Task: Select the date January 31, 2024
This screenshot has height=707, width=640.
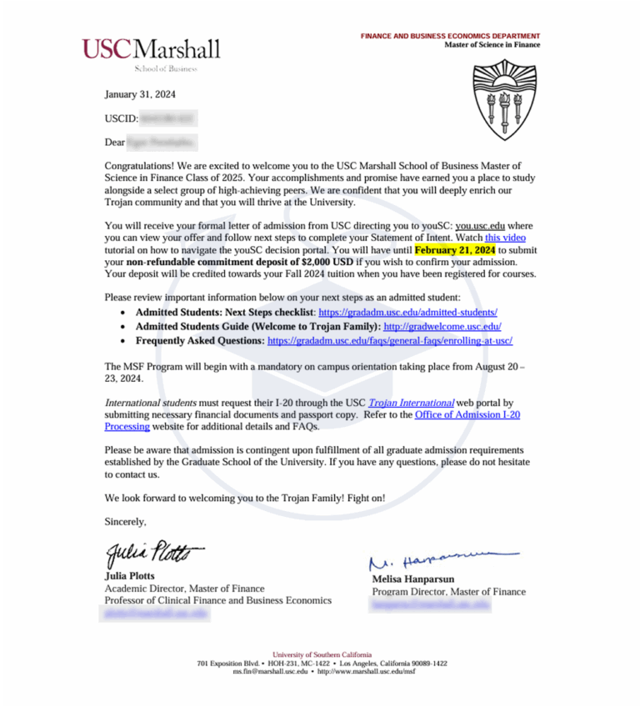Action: click(140, 94)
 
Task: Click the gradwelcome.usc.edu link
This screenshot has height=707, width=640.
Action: click(442, 325)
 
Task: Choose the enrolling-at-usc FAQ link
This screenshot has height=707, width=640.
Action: click(389, 340)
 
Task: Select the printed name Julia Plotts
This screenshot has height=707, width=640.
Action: click(129, 576)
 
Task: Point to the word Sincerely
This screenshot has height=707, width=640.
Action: click(125, 522)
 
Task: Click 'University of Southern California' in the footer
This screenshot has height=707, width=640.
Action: click(322, 654)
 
